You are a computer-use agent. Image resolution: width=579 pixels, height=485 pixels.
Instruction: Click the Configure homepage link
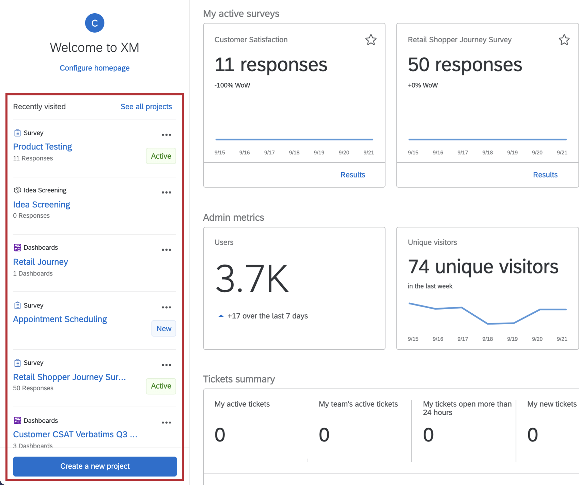(x=94, y=68)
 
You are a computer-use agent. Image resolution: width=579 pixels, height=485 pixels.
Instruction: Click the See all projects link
(x=146, y=107)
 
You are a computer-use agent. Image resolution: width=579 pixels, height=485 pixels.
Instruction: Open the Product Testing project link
(x=43, y=146)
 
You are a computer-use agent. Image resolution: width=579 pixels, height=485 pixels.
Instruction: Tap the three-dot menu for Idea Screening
(x=166, y=192)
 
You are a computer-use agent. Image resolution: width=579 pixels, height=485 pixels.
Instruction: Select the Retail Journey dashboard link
(x=41, y=262)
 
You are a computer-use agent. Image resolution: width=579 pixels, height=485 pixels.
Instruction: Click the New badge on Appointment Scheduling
(x=163, y=328)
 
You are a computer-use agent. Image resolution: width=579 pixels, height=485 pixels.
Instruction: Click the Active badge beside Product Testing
(x=161, y=156)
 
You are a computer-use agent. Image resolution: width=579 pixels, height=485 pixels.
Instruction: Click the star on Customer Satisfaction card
(x=371, y=40)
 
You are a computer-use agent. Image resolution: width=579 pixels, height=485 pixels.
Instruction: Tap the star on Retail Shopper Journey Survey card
(x=564, y=40)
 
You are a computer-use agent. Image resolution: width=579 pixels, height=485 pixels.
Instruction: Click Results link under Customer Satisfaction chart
(x=353, y=175)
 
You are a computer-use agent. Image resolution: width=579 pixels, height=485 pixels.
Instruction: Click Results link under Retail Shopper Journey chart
(x=545, y=175)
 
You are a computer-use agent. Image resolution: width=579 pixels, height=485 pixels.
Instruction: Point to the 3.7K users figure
(x=252, y=279)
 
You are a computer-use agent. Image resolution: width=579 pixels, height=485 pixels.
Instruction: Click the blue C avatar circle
(x=94, y=23)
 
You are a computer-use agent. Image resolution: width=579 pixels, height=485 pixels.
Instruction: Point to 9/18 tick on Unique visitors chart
(x=487, y=339)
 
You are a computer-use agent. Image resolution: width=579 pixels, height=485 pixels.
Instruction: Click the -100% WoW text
(x=232, y=85)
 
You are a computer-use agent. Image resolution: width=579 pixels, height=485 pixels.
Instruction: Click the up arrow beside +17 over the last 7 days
(x=221, y=316)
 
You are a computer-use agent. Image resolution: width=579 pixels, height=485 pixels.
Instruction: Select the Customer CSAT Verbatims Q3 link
(x=75, y=434)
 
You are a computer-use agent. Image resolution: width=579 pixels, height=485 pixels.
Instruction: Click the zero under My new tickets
(x=532, y=435)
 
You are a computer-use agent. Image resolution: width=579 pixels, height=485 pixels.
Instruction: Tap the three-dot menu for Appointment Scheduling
(x=166, y=307)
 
